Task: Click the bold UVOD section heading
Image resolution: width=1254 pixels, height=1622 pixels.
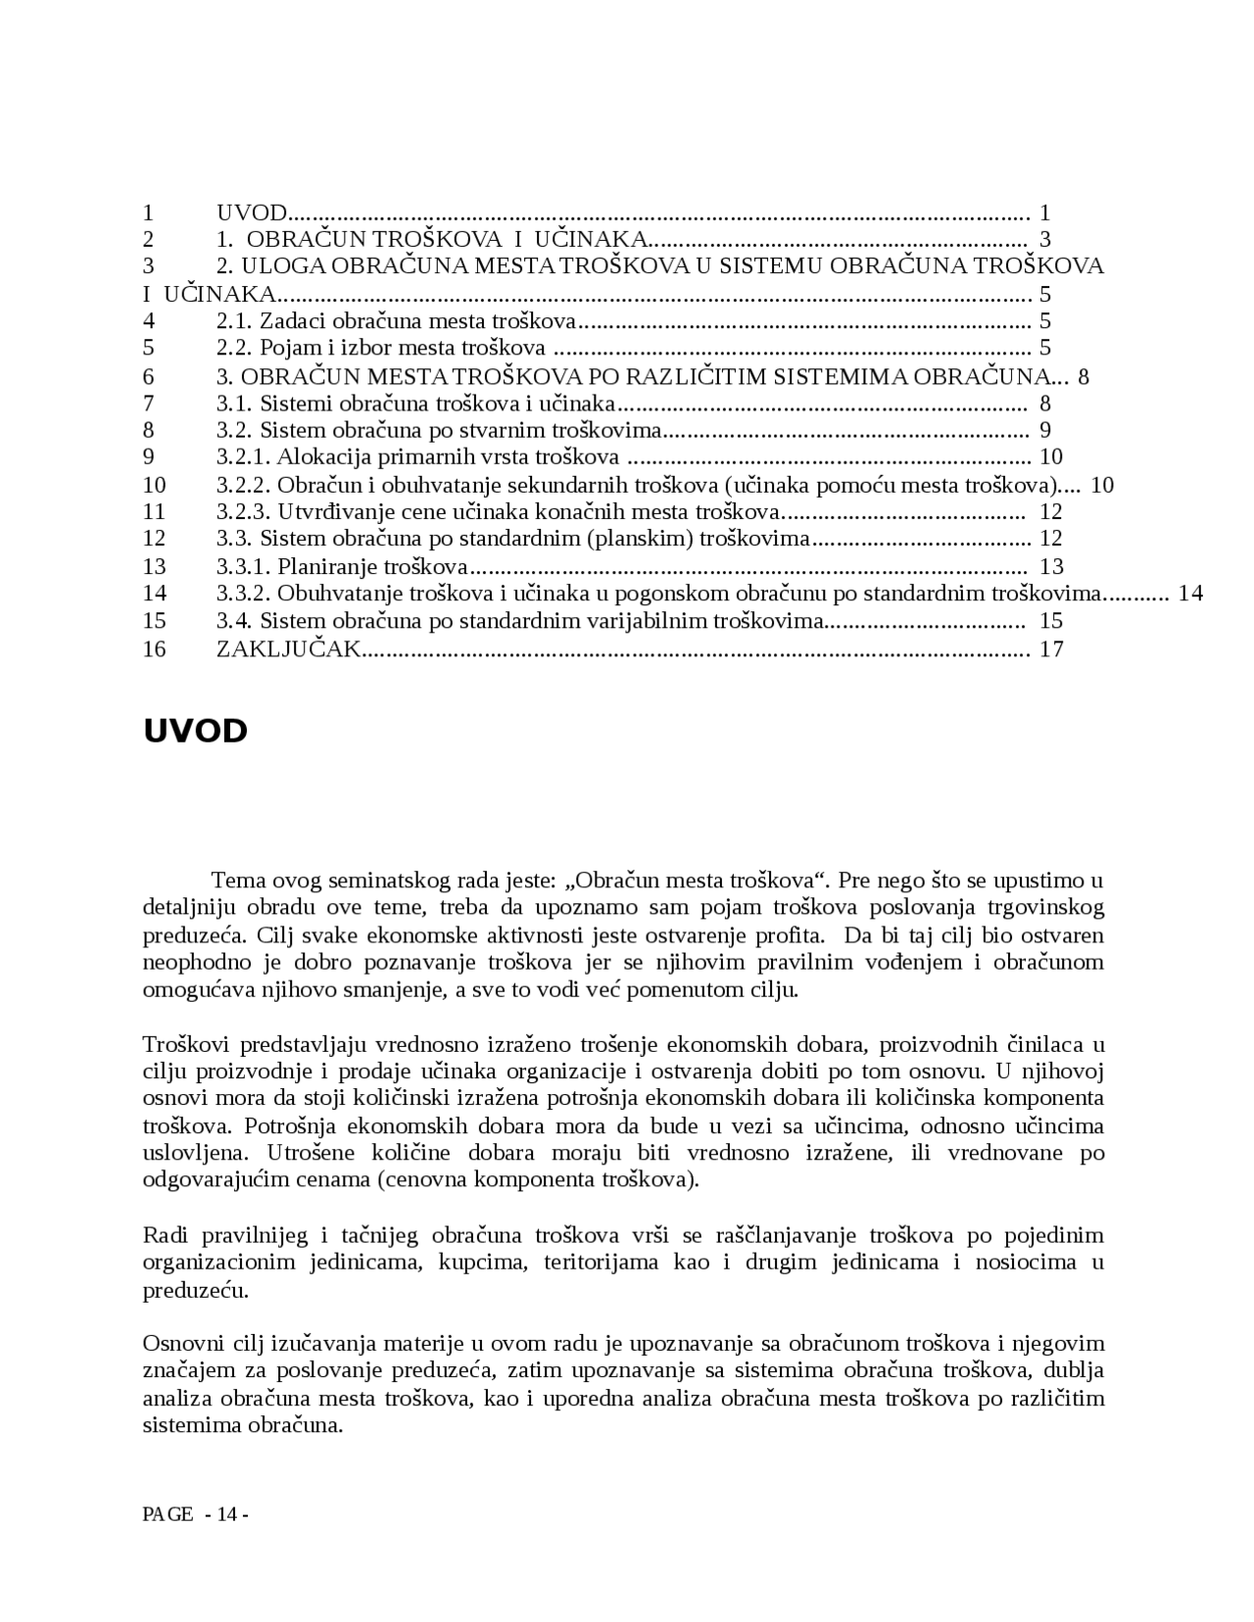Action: click(x=195, y=732)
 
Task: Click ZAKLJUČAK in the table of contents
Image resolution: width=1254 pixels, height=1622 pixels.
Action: click(x=288, y=648)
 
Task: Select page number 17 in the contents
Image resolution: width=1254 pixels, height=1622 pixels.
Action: click(x=1051, y=648)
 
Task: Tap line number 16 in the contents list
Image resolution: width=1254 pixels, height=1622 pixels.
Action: click(x=154, y=648)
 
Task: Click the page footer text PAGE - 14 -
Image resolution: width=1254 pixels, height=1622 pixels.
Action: click(x=195, y=1514)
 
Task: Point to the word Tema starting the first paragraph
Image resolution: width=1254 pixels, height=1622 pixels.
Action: click(x=238, y=880)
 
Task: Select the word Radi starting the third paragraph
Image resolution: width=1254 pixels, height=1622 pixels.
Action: click(x=164, y=1235)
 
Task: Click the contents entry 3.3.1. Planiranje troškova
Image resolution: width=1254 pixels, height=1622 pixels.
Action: click(x=341, y=566)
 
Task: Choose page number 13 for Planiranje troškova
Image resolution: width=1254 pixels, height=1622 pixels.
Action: click(x=1051, y=566)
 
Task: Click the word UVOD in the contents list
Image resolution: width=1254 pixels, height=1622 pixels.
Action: click(x=251, y=213)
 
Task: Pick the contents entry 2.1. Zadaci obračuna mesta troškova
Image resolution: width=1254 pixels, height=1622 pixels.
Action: click(x=396, y=320)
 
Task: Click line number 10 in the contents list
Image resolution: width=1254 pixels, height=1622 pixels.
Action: click(x=154, y=485)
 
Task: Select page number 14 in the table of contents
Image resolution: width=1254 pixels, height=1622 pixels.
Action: click(x=1190, y=593)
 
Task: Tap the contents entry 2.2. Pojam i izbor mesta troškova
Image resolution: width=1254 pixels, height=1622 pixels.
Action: click(x=380, y=348)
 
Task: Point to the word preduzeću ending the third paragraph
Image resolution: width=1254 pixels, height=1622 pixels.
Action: click(x=195, y=1289)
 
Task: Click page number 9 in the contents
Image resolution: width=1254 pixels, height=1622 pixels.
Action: click(x=1045, y=429)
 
